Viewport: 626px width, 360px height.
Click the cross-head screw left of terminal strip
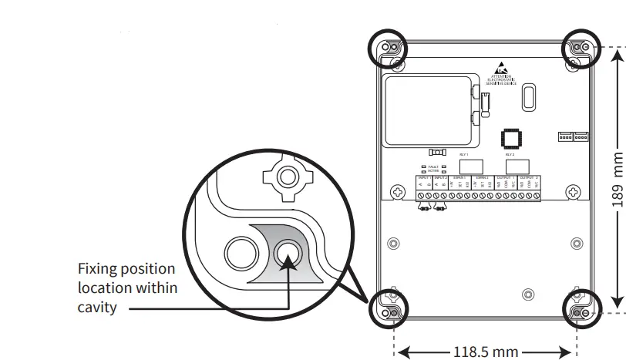(399, 191)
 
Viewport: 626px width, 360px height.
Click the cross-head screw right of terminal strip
(573, 191)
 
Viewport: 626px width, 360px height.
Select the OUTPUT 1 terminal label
(506, 177)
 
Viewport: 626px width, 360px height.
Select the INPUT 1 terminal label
(423, 177)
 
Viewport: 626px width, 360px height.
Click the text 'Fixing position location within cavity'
(126, 288)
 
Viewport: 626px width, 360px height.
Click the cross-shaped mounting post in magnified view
(288, 177)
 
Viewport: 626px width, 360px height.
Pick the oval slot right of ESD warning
(528, 96)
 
